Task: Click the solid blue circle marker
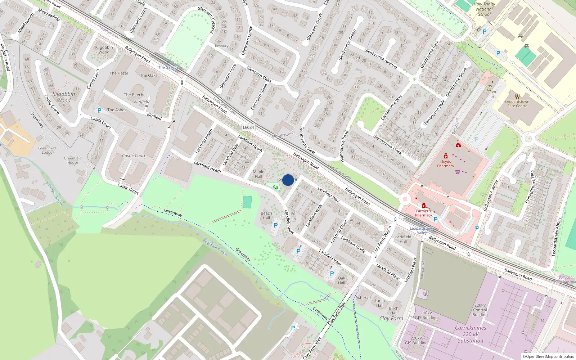tap(288, 180)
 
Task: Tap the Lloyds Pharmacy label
tap(445, 164)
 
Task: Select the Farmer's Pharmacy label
tap(423, 213)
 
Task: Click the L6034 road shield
tap(248, 127)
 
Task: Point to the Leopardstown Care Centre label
tap(517, 104)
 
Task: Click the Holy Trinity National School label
tap(484, 9)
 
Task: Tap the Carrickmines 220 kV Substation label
tap(471, 334)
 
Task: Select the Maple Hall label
tap(258, 174)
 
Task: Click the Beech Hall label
tap(266, 216)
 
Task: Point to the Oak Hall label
tap(341, 280)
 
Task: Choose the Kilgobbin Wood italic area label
tap(64, 97)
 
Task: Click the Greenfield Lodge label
tap(47, 150)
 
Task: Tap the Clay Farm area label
tap(391, 318)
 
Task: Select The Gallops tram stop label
tap(168, 67)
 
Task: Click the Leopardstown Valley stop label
tap(422, 230)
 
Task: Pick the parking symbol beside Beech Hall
tap(276, 225)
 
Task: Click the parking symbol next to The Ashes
tap(99, 111)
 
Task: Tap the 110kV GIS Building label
tap(426, 315)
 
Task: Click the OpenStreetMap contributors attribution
tap(548, 356)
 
